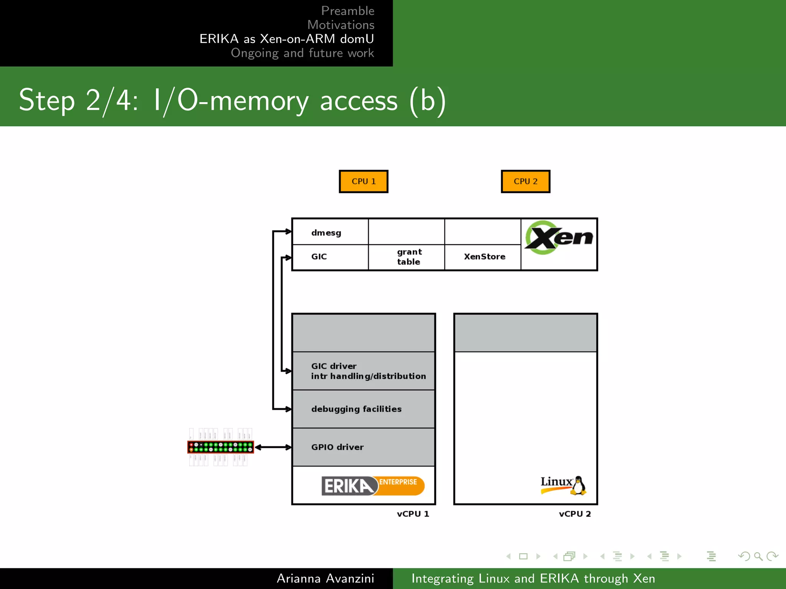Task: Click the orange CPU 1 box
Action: (x=363, y=181)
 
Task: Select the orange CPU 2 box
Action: (x=525, y=181)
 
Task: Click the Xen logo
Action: (x=559, y=238)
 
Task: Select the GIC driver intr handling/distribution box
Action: (x=363, y=371)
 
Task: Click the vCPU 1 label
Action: (x=413, y=514)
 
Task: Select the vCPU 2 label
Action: (x=575, y=514)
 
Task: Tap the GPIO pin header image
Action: (x=221, y=447)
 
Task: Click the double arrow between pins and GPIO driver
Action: (x=273, y=447)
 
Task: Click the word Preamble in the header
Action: (x=347, y=11)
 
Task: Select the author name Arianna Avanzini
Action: (x=325, y=578)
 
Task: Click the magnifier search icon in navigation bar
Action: (x=758, y=556)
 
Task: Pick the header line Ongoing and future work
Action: (x=302, y=53)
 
